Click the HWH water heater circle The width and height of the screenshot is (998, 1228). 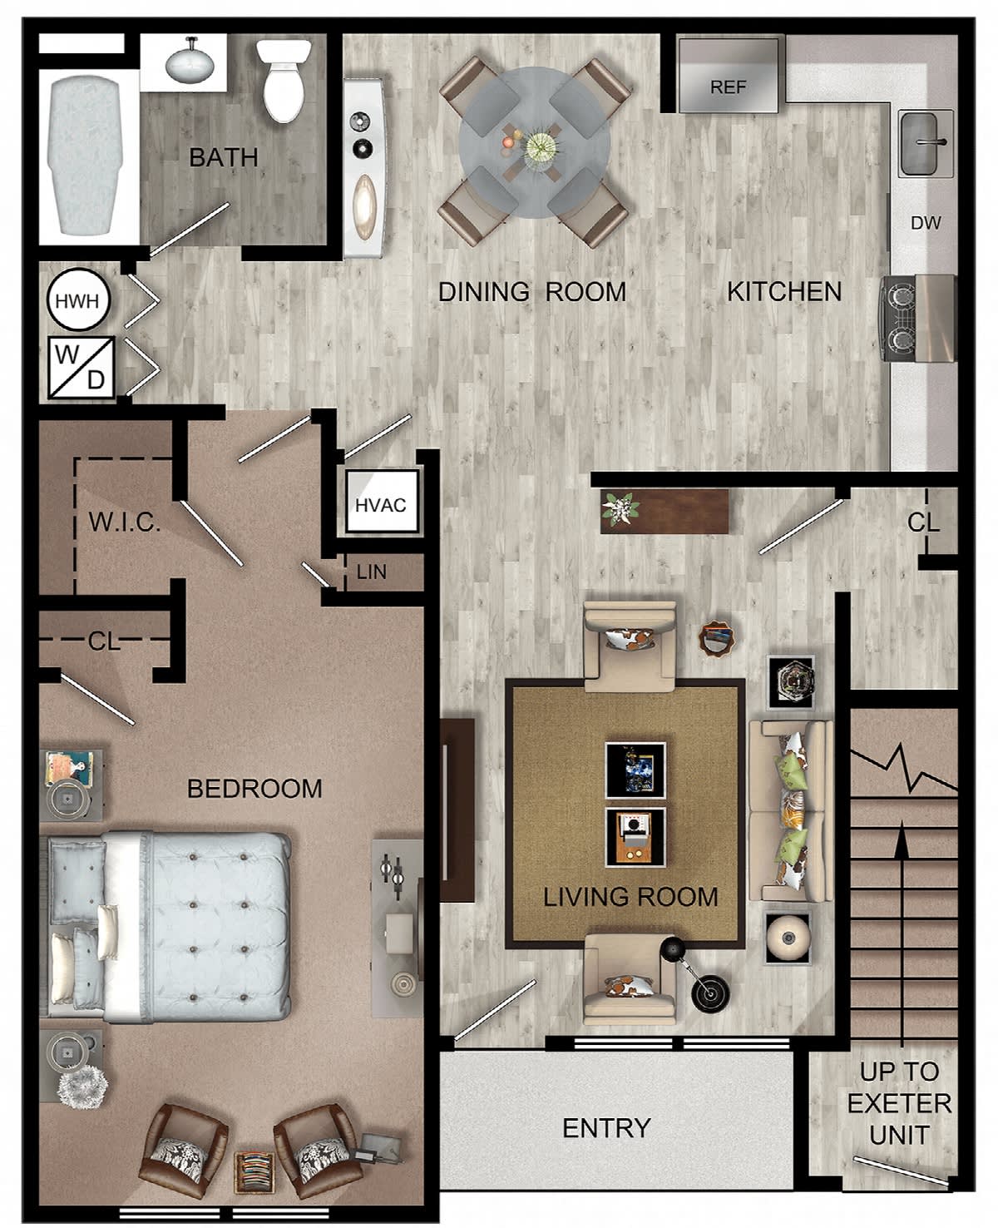78,300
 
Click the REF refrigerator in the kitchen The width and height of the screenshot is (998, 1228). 729,75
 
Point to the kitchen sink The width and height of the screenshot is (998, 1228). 926,144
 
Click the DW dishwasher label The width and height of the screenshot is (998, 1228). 926,223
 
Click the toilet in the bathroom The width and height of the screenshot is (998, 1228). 284,80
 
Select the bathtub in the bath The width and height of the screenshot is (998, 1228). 86,156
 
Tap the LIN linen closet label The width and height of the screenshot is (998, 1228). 372,572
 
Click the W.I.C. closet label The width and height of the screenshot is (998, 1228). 124,522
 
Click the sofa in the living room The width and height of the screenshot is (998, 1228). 791,811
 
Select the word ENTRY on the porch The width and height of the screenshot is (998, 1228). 607,1128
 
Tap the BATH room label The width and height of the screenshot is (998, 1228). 224,157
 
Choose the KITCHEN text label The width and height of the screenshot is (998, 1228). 784,292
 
